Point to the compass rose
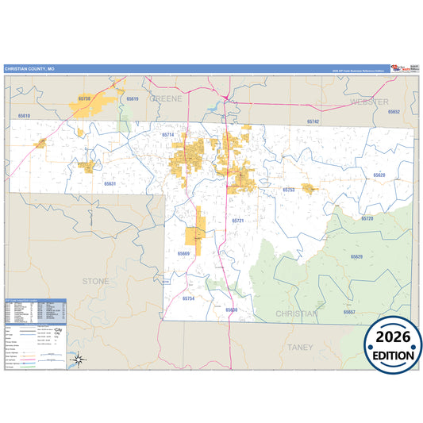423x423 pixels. coord(79,360)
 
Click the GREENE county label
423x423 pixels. coord(166,98)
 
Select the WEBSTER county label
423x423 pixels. coord(367,102)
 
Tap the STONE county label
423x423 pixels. coord(97,281)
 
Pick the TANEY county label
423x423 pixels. coord(301,347)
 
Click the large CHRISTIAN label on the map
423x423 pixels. coord(296,313)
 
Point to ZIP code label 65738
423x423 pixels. coord(85,98)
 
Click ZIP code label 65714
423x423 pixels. coord(167,135)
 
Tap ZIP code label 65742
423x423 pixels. coord(313,121)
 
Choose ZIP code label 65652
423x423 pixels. coord(394,112)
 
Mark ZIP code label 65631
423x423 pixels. coord(110,183)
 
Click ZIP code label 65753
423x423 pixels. coord(289,190)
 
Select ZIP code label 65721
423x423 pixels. coord(237,220)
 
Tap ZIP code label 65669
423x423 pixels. coord(184,253)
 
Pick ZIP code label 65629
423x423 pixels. coord(356,256)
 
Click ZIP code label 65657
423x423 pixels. coord(349,312)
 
